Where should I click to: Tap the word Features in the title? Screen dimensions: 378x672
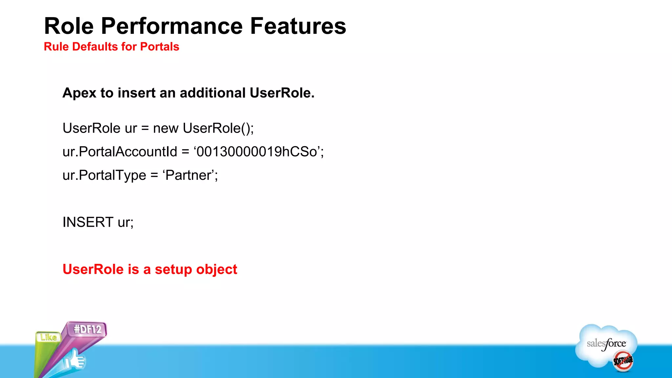coord(298,26)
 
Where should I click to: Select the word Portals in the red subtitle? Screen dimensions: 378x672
coord(159,47)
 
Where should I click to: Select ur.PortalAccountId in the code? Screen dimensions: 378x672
coord(120,152)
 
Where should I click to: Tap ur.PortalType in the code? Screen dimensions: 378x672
coord(104,175)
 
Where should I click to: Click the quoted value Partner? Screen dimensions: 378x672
coord(189,175)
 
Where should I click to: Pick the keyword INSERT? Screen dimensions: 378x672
coord(88,222)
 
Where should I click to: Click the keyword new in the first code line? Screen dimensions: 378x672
coord(166,128)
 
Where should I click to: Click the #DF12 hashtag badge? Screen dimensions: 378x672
coord(88,329)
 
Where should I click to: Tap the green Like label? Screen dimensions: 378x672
coord(49,337)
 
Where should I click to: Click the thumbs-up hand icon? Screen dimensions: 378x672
coord(75,361)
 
